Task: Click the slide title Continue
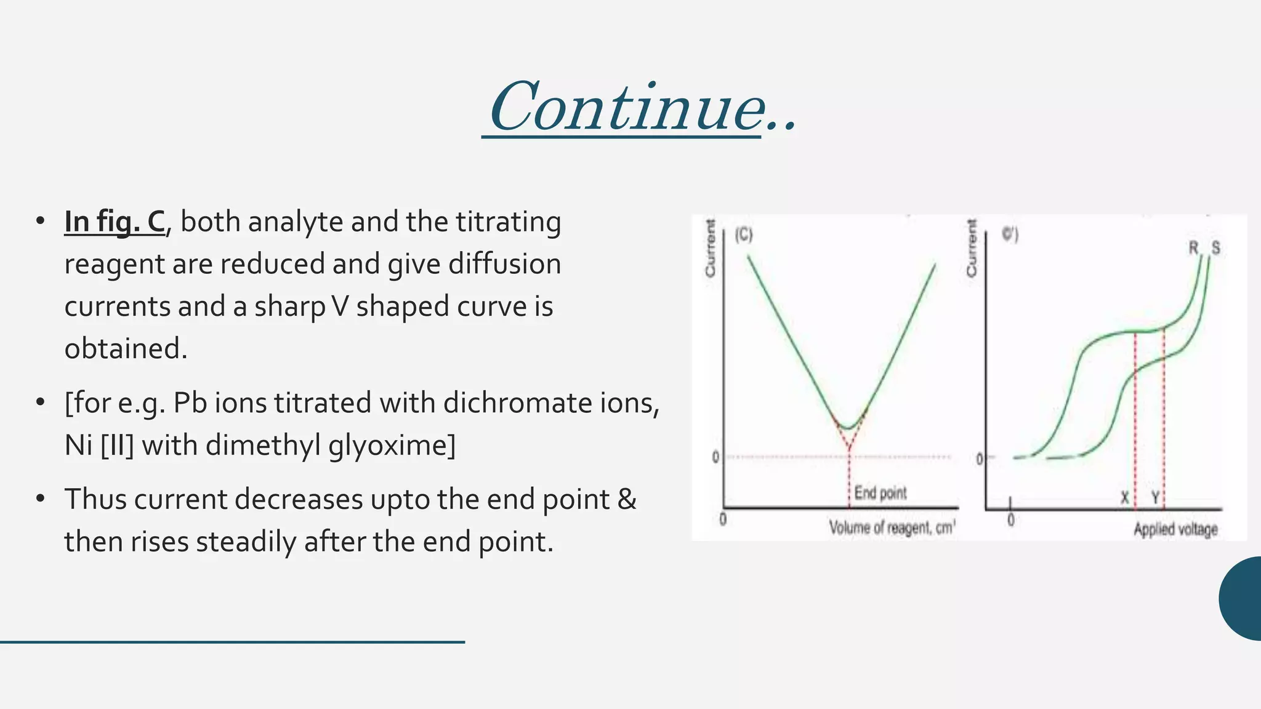click(x=640, y=108)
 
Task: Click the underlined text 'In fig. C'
click(x=115, y=222)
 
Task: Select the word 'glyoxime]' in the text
click(x=392, y=445)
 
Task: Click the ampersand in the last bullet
click(x=627, y=499)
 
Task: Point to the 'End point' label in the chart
click(x=880, y=493)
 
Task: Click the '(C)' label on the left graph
click(x=744, y=235)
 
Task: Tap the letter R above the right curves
click(x=1193, y=248)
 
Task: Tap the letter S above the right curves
click(x=1215, y=248)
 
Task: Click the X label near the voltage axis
click(x=1124, y=497)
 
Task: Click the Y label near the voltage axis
click(x=1155, y=497)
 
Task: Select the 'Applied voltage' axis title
click(x=1175, y=529)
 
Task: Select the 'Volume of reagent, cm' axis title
click(x=892, y=528)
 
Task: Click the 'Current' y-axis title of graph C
click(x=711, y=249)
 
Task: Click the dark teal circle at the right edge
click(x=1243, y=598)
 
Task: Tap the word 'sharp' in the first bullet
click(x=289, y=306)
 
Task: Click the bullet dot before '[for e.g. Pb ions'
click(x=41, y=403)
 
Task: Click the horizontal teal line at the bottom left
click(x=232, y=642)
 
